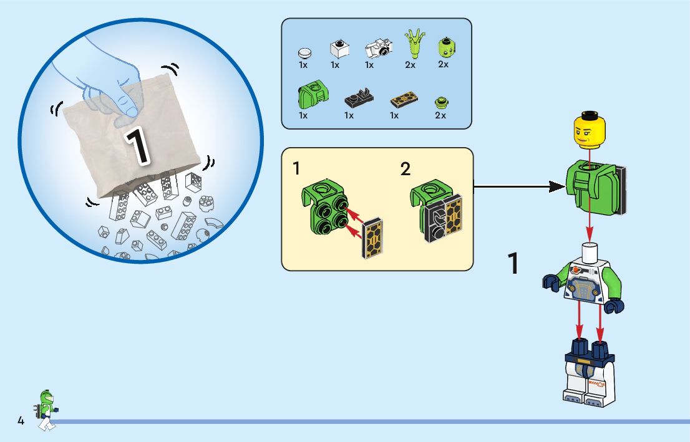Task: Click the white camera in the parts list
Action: [x=378, y=48]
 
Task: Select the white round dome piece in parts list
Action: [x=304, y=52]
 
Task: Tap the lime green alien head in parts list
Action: [x=444, y=46]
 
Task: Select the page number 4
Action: [x=21, y=421]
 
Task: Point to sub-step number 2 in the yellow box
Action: [x=406, y=168]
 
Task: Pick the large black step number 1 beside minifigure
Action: [x=512, y=264]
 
